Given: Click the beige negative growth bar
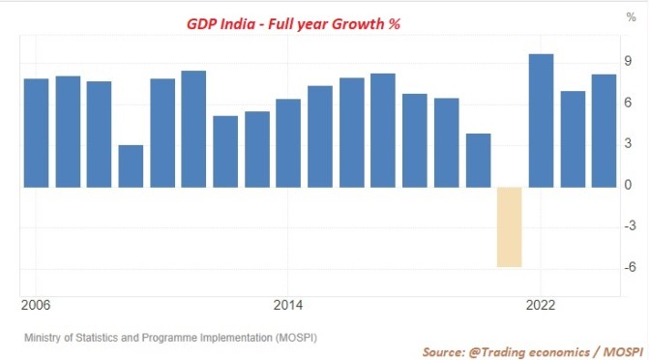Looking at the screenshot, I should pyautogui.click(x=510, y=226).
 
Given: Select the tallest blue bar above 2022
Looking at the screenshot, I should pyautogui.click(x=541, y=120).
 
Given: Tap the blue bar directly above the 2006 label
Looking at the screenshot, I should pyautogui.click(x=36, y=133).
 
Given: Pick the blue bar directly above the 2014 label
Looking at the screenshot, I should pyautogui.click(x=288, y=142).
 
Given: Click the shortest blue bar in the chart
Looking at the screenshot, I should pyautogui.click(x=131, y=165).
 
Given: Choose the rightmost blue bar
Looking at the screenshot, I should pyautogui.click(x=604, y=130).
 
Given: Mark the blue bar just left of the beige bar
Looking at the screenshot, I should pyautogui.click(x=478, y=160).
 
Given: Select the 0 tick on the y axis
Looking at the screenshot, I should pyautogui.click(x=629, y=186).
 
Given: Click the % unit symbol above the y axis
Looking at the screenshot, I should pyautogui.click(x=630, y=17).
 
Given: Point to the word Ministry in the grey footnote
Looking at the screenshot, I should pyautogui.click(x=44, y=338).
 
